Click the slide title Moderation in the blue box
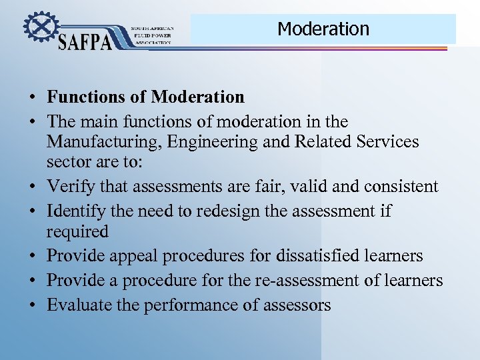click(x=323, y=29)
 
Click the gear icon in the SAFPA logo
click(x=39, y=28)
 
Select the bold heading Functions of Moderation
click(x=145, y=97)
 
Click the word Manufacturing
click(x=105, y=142)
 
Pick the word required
click(x=77, y=232)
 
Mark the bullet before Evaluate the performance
click(x=32, y=306)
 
